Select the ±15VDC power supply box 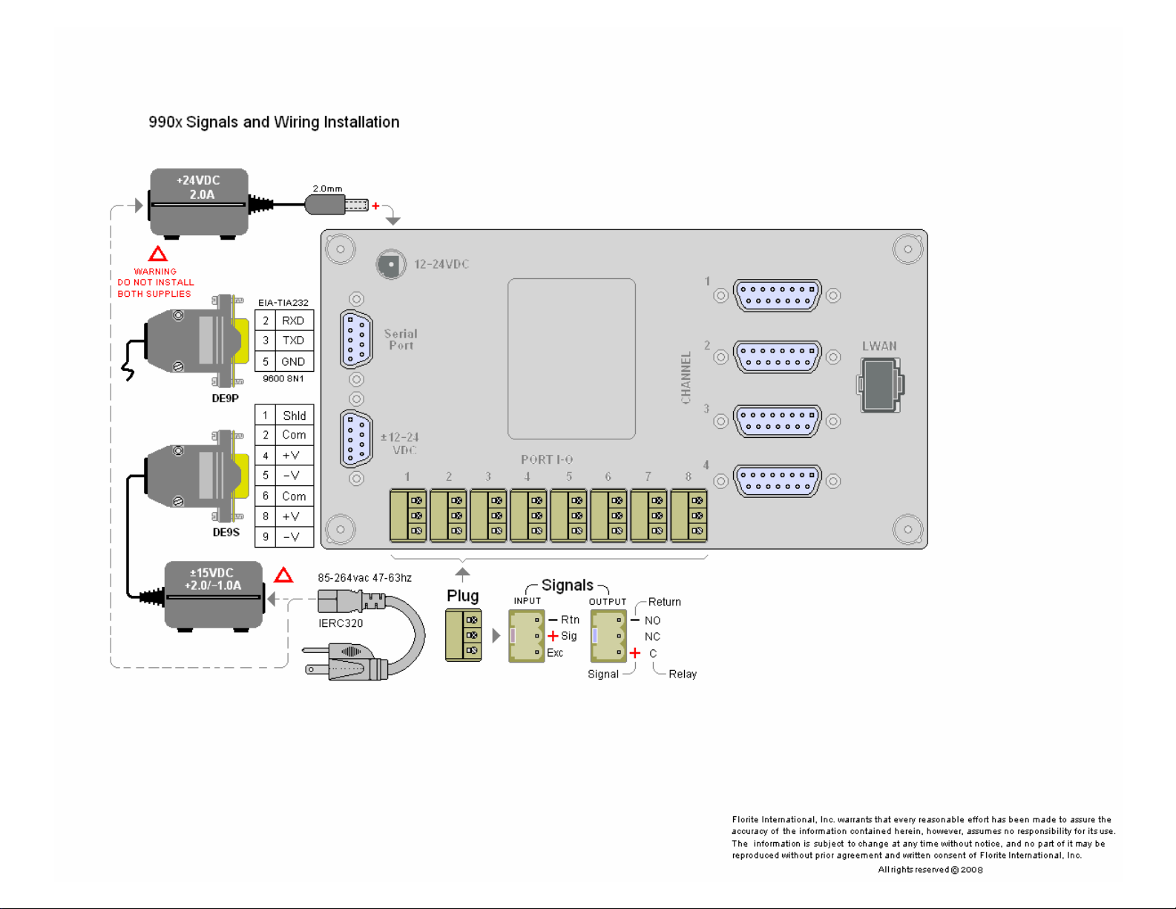tap(214, 594)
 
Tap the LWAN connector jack tap(880, 384)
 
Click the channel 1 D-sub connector tap(777, 295)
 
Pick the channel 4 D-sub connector tap(777, 481)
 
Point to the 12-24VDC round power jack tap(390, 264)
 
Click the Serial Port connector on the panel tap(356, 340)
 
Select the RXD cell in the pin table tap(293, 321)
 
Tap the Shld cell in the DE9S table tap(294, 416)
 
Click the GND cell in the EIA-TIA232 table tap(293, 361)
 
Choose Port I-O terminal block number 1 tap(408, 515)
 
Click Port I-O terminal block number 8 tap(689, 515)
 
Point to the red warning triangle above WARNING tap(157, 255)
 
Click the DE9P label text tap(226, 398)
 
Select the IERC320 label tap(341, 623)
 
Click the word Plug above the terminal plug tap(462, 596)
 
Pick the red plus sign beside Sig tap(553, 636)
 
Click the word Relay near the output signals tap(682, 674)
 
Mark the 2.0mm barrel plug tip tap(357, 205)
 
